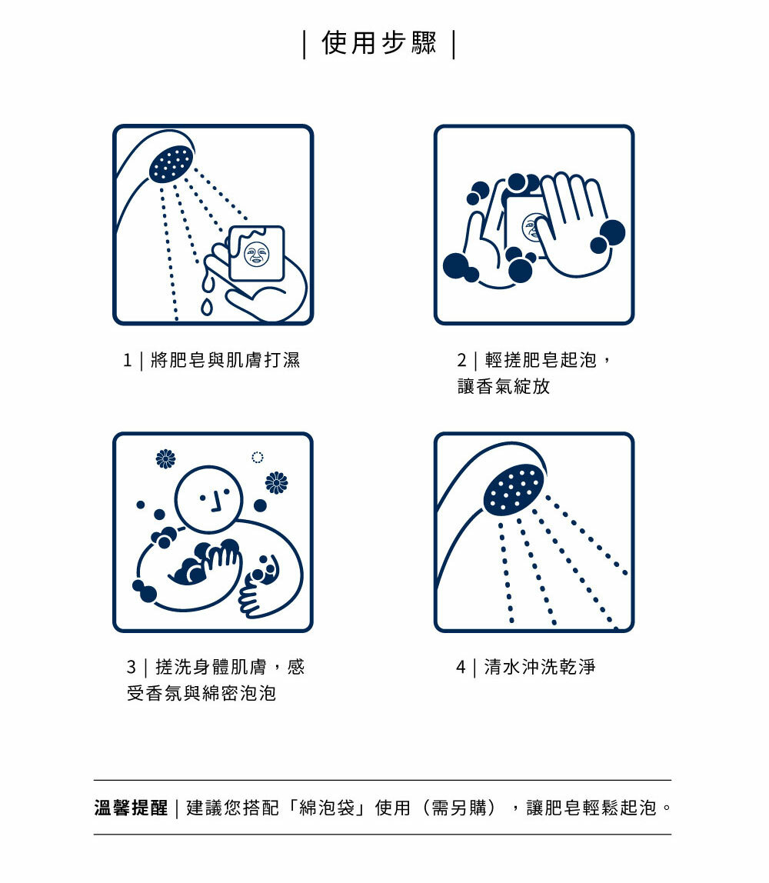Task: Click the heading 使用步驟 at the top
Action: click(379, 43)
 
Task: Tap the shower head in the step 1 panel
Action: click(171, 163)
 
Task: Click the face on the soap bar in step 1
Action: click(257, 254)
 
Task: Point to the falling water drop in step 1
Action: click(207, 307)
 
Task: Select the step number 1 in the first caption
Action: click(127, 361)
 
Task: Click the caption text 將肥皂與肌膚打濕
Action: click(225, 361)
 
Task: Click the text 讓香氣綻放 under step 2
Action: click(503, 386)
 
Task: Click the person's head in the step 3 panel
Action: click(208, 499)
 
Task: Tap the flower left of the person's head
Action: click(165, 459)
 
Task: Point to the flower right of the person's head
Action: click(276, 482)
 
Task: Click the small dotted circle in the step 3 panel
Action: click(258, 457)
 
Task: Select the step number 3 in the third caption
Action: click(131, 668)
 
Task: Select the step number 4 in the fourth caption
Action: click(461, 668)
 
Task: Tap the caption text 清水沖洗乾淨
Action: click(539, 668)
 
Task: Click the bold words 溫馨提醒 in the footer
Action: click(131, 808)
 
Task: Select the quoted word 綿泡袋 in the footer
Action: click(327, 808)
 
